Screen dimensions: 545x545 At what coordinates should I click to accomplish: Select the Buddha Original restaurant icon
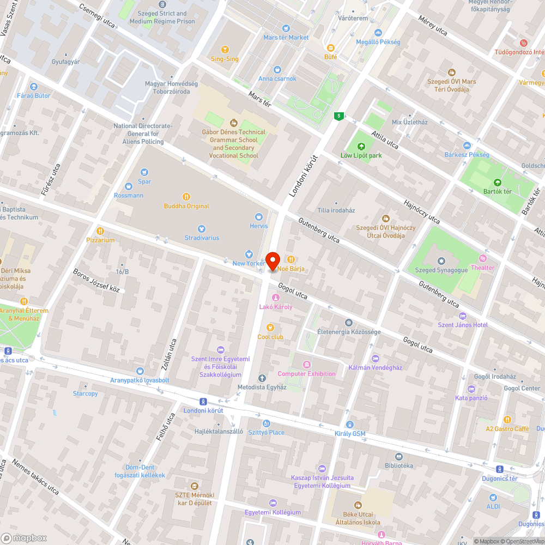[x=186, y=197]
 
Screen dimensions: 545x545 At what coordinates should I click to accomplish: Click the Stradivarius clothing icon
[x=202, y=228]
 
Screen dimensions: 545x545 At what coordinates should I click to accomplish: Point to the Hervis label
[x=259, y=226]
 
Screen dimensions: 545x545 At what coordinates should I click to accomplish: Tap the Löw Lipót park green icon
[x=361, y=146]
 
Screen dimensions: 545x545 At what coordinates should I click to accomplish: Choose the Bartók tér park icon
[x=496, y=183]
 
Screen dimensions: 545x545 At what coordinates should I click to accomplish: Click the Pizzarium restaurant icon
[x=100, y=231]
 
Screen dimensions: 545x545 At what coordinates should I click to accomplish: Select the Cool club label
[x=270, y=337]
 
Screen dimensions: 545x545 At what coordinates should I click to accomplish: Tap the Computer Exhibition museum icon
[x=306, y=364]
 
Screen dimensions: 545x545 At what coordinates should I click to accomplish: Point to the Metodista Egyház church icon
[x=262, y=378]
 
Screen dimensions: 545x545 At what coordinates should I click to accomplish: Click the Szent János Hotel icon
[x=463, y=316]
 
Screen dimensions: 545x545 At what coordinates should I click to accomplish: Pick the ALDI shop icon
[x=493, y=497]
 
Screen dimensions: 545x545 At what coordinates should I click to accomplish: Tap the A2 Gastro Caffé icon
[x=507, y=419]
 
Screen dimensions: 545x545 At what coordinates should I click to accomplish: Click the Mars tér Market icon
[x=286, y=28]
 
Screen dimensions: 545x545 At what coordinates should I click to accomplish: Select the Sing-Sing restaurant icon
[x=225, y=50]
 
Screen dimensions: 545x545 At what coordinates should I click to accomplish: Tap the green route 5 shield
[x=339, y=116]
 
